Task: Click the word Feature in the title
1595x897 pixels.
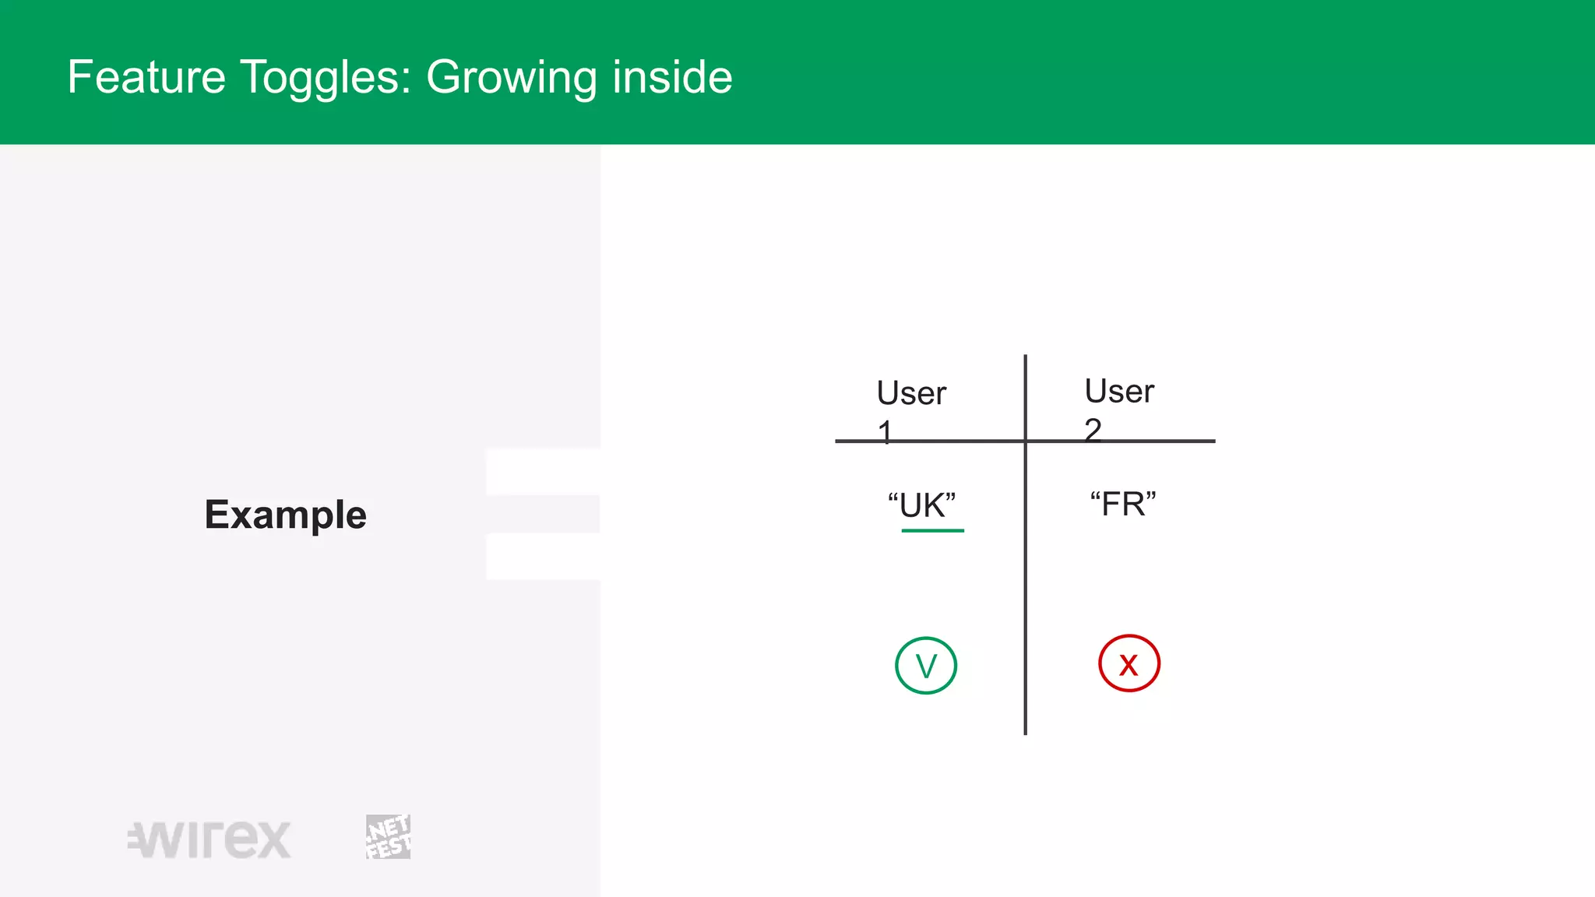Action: click(146, 77)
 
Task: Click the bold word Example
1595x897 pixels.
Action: click(285, 515)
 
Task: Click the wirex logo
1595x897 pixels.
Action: click(209, 839)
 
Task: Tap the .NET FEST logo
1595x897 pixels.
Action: click(388, 837)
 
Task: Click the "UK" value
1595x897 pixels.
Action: click(922, 505)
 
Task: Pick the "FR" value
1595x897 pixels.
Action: click(1123, 504)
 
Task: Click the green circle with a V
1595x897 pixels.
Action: click(925, 666)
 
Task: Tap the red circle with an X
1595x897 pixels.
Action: click(1128, 663)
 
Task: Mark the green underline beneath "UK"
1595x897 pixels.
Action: click(932, 530)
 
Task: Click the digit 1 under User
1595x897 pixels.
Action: click(885, 431)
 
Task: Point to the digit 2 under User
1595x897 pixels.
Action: click(1093, 429)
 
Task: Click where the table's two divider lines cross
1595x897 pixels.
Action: click(1025, 441)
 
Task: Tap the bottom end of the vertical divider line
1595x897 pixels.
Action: click(1025, 732)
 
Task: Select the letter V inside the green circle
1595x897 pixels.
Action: click(925, 667)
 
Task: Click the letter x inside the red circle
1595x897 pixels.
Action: click(1128, 665)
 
